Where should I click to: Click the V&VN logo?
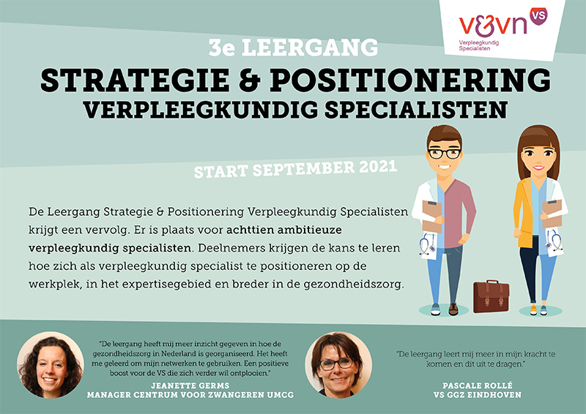502,29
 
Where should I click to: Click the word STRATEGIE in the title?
135,80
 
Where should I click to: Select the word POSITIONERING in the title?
410,80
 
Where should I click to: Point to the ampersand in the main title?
250,80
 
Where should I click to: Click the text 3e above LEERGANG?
222,48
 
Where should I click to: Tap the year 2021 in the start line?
377,167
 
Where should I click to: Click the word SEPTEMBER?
303,169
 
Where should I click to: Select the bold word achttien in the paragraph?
249,230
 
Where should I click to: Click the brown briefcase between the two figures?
491,296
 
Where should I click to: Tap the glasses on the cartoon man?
445,154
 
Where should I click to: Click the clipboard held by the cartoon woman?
552,214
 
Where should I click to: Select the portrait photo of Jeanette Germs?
51,365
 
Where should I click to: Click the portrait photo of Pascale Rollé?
338,365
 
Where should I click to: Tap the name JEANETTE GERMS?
190,385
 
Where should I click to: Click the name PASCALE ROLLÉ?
478,385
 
